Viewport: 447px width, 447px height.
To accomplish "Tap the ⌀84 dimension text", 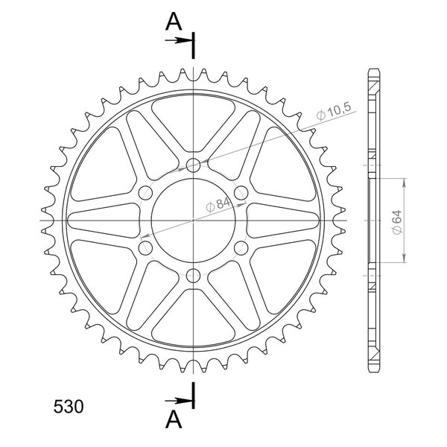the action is coord(218,205).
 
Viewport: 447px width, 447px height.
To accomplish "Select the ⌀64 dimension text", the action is coord(397,222).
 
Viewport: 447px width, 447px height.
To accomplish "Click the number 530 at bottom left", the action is coord(69,406).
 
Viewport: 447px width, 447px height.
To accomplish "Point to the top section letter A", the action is coord(174,22).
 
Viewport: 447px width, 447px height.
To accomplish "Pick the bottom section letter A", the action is coord(174,419).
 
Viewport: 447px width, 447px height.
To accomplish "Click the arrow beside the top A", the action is coord(179,40).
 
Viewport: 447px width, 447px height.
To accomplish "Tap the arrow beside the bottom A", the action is coord(179,401).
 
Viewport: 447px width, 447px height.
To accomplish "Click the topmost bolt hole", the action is coord(193,165).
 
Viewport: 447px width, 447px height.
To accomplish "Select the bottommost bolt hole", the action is coord(193,276).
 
